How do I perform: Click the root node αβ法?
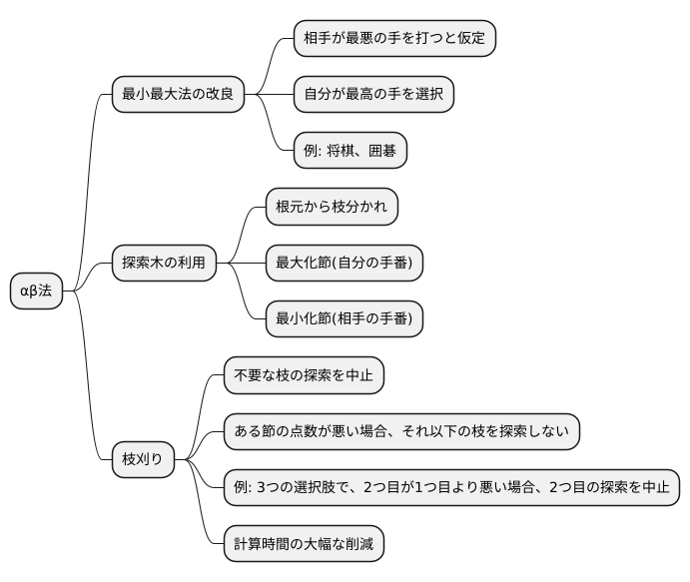pos(36,291)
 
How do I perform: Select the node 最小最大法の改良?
pos(177,95)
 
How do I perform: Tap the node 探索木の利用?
pos(162,264)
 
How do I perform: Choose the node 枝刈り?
pos(142,460)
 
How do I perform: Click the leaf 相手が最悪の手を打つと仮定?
pos(394,39)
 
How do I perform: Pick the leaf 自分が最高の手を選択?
pos(373,95)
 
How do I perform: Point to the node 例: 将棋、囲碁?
pos(350,151)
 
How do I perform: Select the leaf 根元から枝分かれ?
pos(332,207)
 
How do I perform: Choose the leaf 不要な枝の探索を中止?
pos(303,375)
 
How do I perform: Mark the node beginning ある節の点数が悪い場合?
pos(400,431)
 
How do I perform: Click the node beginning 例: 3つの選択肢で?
pos(451,488)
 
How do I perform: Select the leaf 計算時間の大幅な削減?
pos(303,544)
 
